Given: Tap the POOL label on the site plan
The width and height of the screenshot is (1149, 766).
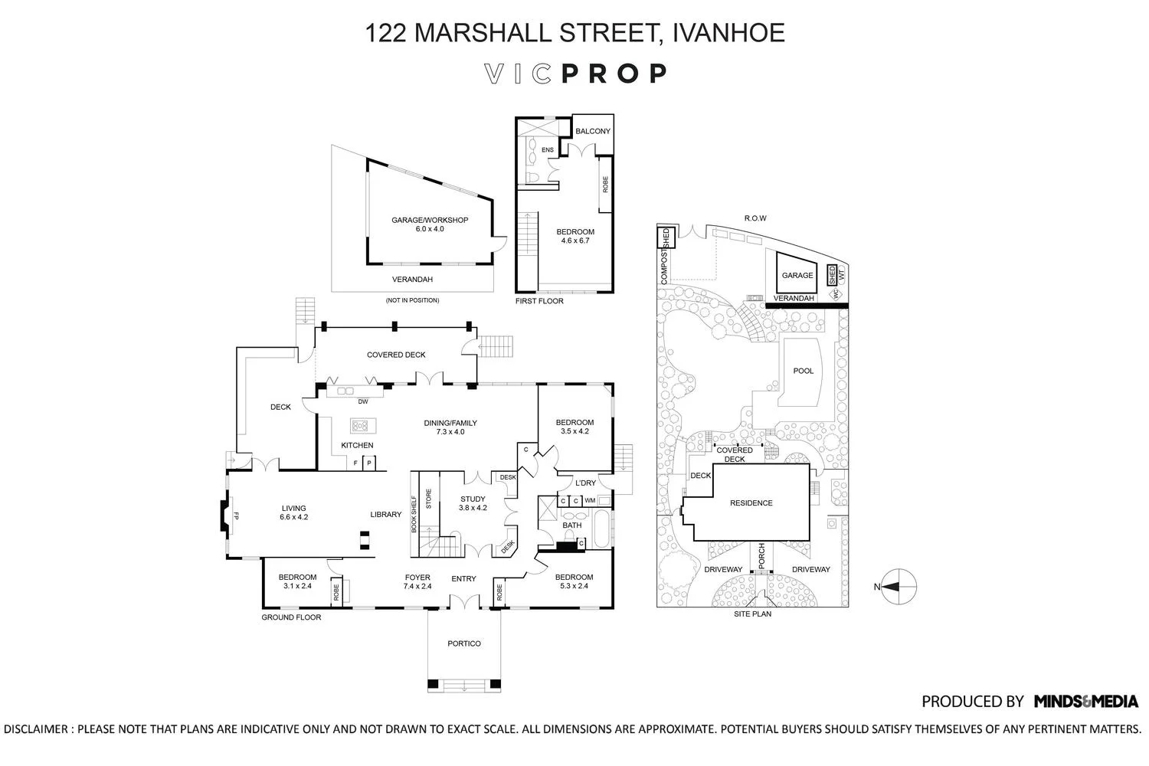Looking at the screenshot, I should click(803, 371).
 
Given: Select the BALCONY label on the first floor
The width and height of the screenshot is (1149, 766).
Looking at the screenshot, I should click(593, 131).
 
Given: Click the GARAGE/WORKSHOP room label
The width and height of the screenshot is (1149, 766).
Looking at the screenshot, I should click(429, 224).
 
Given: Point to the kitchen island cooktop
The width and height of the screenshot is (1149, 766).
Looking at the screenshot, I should click(358, 424).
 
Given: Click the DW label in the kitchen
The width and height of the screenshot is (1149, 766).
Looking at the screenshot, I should click(363, 401).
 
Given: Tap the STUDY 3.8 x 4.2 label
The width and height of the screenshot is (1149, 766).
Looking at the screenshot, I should click(473, 503).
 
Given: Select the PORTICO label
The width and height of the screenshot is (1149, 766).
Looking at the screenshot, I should click(464, 643).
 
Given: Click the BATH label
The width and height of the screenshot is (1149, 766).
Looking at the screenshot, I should click(571, 525).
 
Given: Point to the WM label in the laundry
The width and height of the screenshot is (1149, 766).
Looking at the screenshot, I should click(590, 501).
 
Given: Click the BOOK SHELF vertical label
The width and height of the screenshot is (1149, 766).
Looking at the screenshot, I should click(414, 514).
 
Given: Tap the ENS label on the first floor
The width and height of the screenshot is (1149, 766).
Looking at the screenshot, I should click(547, 150).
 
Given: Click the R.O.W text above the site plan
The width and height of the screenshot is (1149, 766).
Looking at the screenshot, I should click(755, 218).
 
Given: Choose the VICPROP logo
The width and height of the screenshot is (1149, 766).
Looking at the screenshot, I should click(575, 74).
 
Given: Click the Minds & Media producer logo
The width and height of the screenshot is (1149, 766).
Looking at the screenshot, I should click(1085, 701).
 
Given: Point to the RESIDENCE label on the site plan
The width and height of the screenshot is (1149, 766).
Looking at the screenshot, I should click(751, 503).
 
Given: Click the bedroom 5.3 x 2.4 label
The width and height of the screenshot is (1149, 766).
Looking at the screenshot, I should click(574, 581).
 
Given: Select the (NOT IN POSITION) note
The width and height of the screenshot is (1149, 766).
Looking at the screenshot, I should click(412, 300).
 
